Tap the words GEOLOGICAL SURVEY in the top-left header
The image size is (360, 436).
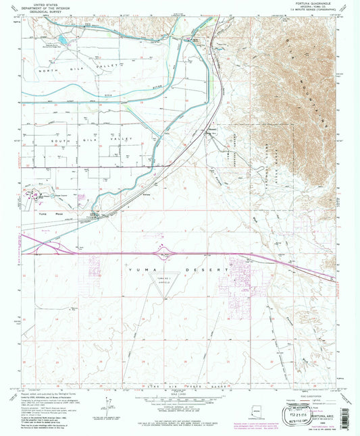click(47, 14)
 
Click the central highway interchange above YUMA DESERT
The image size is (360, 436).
click(165, 254)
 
